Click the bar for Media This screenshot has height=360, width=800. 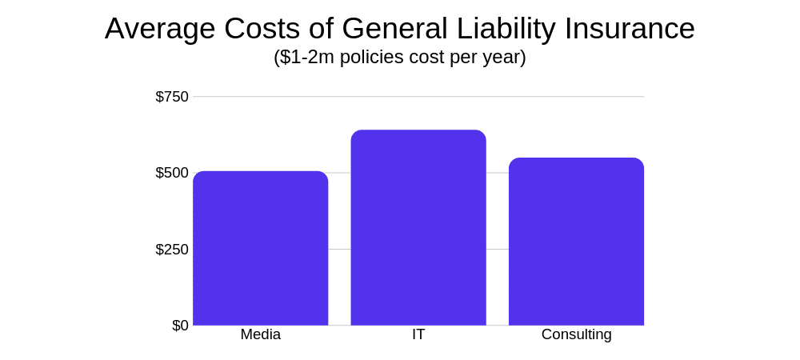[260, 248]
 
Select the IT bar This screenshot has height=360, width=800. [418, 228]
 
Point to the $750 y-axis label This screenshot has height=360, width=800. [172, 97]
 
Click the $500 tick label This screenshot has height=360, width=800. [172, 173]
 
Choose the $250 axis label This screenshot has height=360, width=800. [172, 250]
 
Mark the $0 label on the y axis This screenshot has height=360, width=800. [180, 326]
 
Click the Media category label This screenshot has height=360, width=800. [260, 334]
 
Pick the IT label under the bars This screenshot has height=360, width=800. [418, 334]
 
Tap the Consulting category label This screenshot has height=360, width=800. [576, 334]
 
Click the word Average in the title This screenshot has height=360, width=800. [160, 29]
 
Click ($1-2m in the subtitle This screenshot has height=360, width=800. [304, 58]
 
